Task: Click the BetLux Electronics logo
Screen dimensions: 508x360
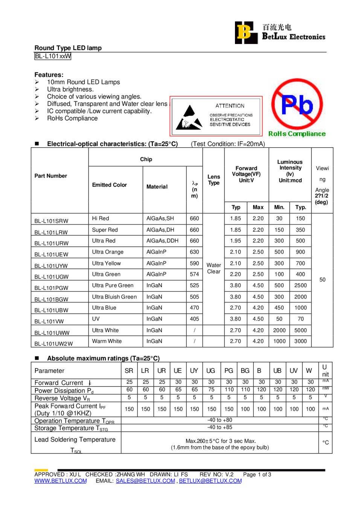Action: (x=280, y=33)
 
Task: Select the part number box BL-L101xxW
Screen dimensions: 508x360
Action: (x=53, y=56)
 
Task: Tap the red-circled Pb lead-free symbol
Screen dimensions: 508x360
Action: (x=297, y=104)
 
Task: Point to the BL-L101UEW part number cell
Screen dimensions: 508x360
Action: (x=51, y=255)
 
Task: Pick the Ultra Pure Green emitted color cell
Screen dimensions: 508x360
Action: (x=113, y=286)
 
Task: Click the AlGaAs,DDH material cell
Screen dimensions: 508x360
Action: (x=162, y=241)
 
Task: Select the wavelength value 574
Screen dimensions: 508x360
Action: (x=194, y=274)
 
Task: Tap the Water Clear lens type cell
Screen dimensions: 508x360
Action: (x=214, y=268)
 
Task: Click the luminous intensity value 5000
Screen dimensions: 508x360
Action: (x=301, y=330)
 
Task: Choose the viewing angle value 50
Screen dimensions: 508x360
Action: (x=322, y=280)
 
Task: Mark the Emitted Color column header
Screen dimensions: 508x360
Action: (x=110, y=185)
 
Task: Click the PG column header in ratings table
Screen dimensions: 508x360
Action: (x=229, y=371)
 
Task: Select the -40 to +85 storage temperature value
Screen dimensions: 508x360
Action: (x=220, y=427)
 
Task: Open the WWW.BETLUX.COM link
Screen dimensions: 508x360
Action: (x=61, y=481)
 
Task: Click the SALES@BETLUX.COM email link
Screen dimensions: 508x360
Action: (x=145, y=481)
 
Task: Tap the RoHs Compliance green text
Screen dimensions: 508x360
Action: (x=297, y=134)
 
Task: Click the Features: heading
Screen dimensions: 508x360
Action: (x=49, y=75)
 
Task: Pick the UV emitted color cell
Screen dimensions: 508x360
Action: (x=96, y=319)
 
